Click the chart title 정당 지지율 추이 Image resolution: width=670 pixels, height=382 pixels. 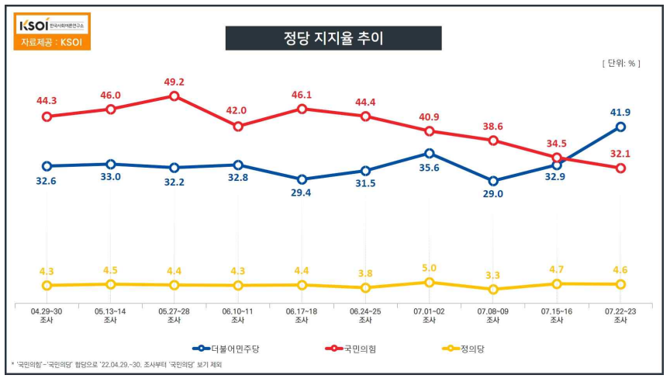click(333, 38)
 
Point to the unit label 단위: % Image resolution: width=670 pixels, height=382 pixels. click(620, 64)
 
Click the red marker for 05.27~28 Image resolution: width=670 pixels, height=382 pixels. click(174, 96)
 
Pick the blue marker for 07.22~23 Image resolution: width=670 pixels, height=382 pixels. click(620, 127)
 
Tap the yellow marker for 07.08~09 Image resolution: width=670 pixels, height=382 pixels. click(493, 289)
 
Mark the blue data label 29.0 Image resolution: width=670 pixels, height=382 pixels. click(493, 194)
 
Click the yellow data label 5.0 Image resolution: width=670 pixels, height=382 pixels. click(429, 268)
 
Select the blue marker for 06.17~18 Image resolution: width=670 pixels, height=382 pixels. click(302, 179)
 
